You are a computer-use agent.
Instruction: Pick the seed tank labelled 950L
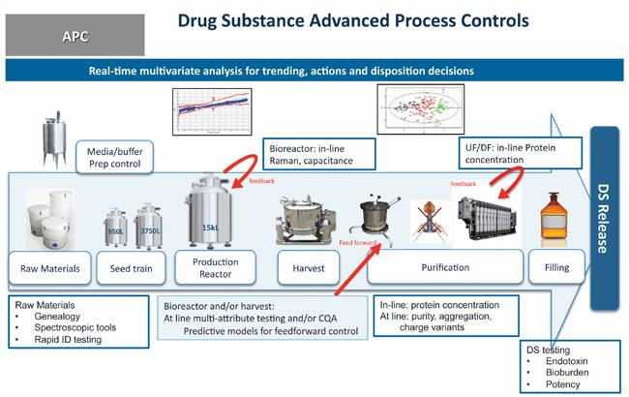(114, 227)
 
